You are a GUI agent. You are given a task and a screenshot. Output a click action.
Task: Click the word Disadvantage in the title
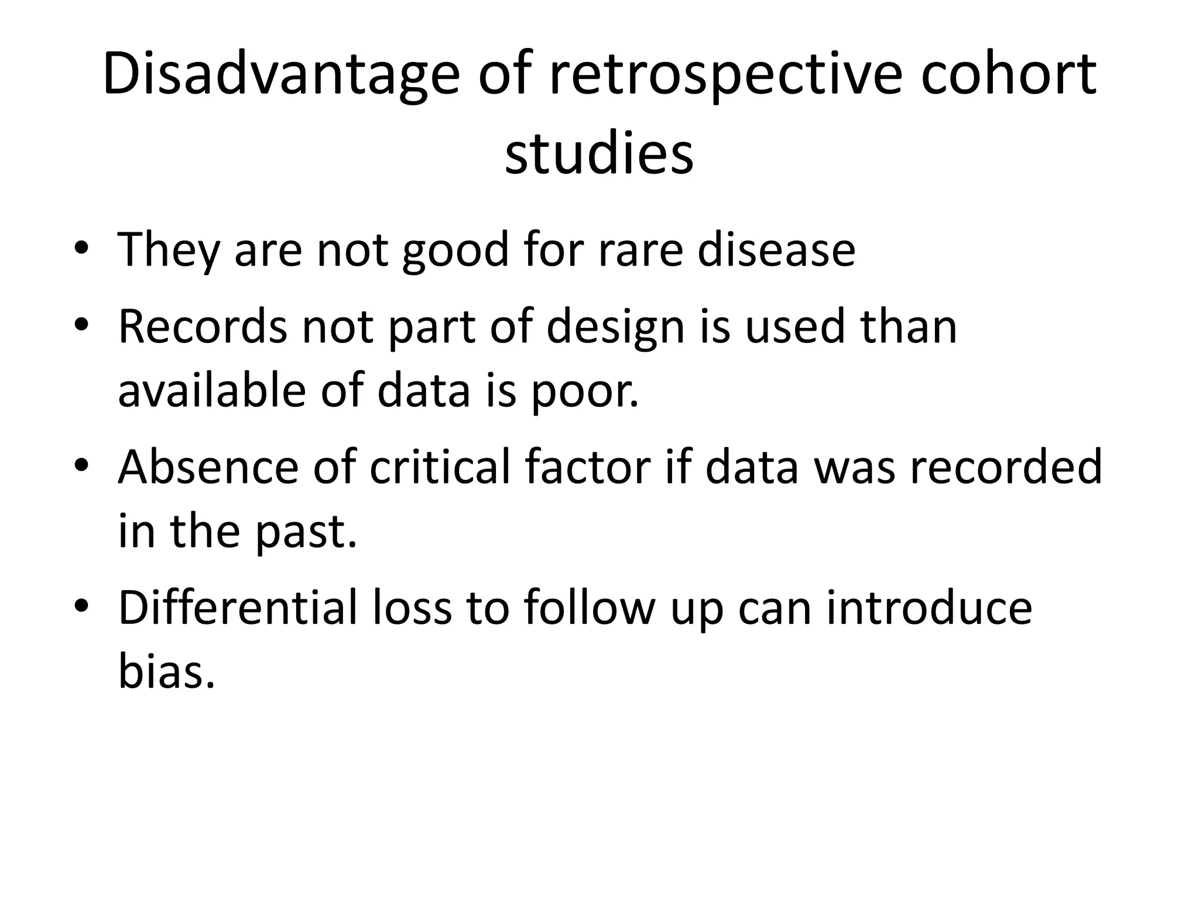point(281,75)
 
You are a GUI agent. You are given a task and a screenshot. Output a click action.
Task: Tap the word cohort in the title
point(1008,75)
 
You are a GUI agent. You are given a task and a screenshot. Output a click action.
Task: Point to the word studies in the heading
point(599,153)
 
